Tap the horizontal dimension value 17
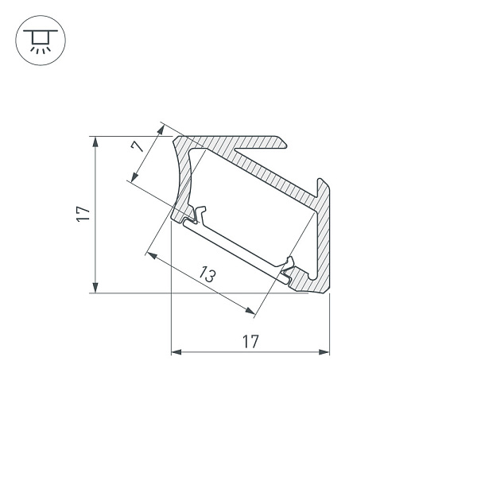250,342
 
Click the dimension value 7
137,146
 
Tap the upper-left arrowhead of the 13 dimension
150,255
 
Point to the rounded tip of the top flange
283,142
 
